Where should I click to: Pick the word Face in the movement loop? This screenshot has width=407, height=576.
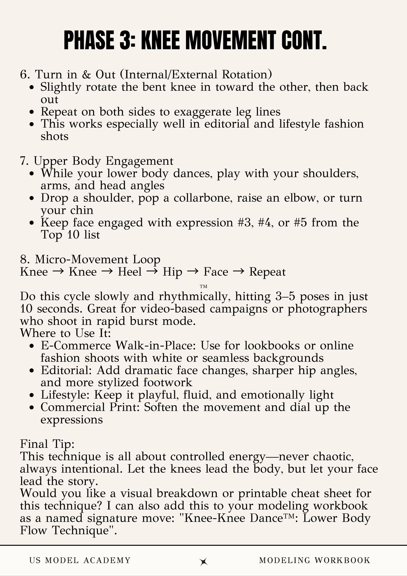coord(216,272)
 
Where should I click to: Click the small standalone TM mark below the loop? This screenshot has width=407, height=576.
coord(203,287)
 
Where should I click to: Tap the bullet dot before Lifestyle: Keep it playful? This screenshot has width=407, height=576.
coord(33,395)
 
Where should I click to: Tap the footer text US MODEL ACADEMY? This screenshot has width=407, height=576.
coord(80,560)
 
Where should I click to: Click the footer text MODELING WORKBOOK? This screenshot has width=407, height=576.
coord(315,560)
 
